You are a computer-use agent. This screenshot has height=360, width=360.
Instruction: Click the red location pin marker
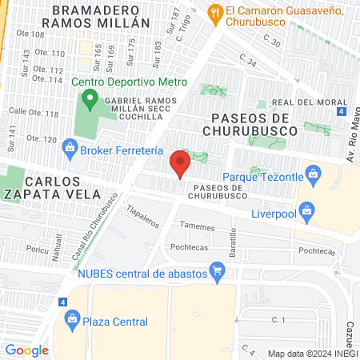(180, 165)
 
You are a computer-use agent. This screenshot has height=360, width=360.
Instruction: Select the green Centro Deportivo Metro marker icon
(89, 101)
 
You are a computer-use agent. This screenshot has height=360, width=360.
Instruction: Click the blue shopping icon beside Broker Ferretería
(70, 147)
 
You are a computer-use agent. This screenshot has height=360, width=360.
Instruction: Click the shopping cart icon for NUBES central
(216, 274)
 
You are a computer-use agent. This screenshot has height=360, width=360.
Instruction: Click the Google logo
(26, 350)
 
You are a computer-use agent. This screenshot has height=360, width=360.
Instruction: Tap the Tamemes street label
(198, 227)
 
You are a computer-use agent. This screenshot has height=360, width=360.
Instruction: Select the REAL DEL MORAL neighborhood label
(301, 102)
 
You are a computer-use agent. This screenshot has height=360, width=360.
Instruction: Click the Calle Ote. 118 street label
(34, 114)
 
